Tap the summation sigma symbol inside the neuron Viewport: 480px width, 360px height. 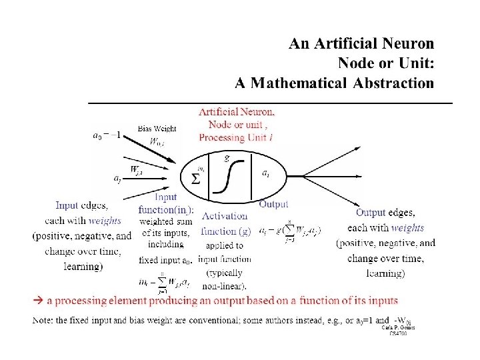click(x=195, y=179)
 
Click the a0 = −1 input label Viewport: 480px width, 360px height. click(x=106, y=134)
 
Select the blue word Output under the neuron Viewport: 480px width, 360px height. click(x=273, y=203)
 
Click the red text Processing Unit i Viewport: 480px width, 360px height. click(x=236, y=137)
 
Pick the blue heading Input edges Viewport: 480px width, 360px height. click(x=82, y=207)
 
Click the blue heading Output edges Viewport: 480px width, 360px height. click(x=385, y=213)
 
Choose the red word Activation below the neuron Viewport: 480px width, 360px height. click(x=225, y=215)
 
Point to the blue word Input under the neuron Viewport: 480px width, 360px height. click(x=165, y=197)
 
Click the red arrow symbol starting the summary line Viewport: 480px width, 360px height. click(x=38, y=301)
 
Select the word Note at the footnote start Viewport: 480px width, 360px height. click(x=43, y=320)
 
